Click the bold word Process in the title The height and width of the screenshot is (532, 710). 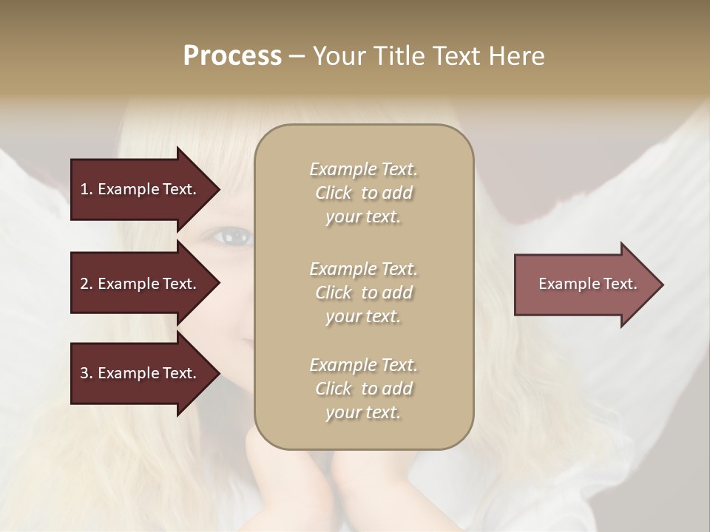[x=232, y=56]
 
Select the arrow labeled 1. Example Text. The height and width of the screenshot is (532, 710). [x=141, y=189]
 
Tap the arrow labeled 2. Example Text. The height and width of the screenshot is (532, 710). [x=141, y=284]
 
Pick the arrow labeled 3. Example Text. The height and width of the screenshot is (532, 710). [x=141, y=373]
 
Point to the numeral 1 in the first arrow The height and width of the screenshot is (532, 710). [x=84, y=189]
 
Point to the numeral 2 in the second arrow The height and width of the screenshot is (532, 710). [x=85, y=284]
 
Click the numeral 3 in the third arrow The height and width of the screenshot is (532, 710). [x=85, y=373]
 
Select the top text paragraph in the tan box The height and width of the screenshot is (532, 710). [x=363, y=193]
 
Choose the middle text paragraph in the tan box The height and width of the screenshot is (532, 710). [x=363, y=293]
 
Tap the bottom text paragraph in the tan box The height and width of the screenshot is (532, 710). [x=363, y=389]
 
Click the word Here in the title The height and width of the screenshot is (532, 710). [x=519, y=56]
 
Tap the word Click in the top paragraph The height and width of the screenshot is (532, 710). [x=334, y=193]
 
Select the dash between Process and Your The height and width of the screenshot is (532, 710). [x=297, y=56]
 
